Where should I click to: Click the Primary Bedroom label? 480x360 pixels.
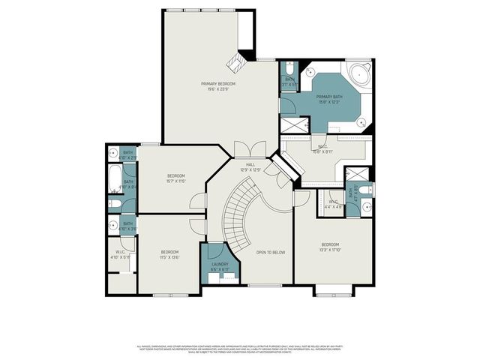click(218, 86)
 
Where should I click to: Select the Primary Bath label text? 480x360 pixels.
click(329, 100)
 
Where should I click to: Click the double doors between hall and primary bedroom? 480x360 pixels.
click(244, 148)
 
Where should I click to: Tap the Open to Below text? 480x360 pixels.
click(270, 253)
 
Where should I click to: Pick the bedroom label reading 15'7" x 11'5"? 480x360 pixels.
click(175, 178)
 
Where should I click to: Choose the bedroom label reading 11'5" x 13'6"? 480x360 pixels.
click(169, 254)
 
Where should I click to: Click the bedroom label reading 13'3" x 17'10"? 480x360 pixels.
click(330, 247)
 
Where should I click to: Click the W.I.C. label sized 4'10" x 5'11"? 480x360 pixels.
click(120, 254)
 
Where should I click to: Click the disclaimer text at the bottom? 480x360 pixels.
click(240, 349)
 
